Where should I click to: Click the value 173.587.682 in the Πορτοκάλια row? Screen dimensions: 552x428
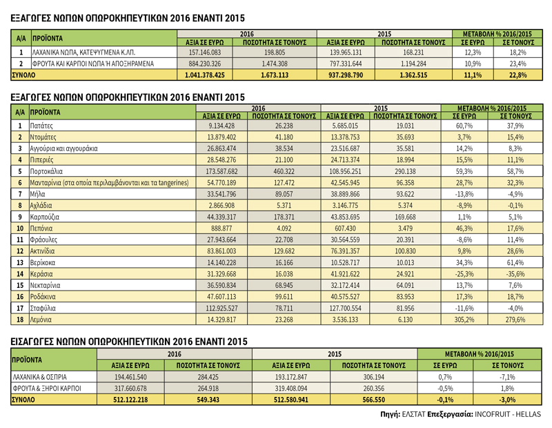coord(221,171)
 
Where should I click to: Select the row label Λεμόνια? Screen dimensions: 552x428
coord(41,320)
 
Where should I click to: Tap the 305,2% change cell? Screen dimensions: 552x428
coord(464,320)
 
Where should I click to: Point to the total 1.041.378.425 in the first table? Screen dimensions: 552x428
coord(204,75)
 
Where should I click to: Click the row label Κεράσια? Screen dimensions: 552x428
coord(41,273)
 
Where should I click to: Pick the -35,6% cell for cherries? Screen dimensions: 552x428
coord(515,273)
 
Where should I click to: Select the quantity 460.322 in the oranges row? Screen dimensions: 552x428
coord(284,171)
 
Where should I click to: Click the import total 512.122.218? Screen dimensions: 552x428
coord(130,400)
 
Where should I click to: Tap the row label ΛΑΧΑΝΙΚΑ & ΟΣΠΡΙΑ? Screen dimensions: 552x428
coord(39,377)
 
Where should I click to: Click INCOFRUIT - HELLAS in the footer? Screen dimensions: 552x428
coord(508,414)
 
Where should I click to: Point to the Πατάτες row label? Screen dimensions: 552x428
coord(41,126)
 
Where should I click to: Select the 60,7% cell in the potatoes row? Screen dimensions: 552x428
coord(464,126)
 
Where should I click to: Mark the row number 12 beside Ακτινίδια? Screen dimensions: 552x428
coord(20,251)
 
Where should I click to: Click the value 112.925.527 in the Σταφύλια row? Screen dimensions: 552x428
coord(221,309)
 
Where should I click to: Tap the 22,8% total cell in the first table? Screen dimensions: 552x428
coord(518,75)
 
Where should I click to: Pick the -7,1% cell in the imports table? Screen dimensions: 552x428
coord(507,377)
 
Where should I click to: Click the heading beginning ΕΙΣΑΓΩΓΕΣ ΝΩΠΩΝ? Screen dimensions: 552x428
coord(129,341)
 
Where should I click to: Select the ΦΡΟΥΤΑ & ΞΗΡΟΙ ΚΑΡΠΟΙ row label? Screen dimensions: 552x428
coord(47,388)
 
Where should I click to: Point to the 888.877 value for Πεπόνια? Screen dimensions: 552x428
coord(221,228)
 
